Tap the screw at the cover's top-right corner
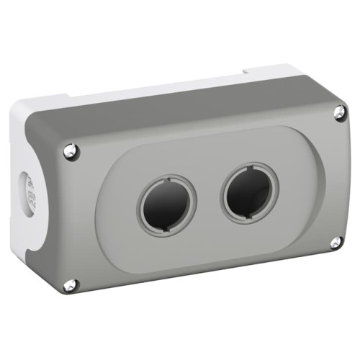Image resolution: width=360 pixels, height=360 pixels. pyautogui.click(x=339, y=112)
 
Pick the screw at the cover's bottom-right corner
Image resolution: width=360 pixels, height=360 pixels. pyautogui.click(x=336, y=243)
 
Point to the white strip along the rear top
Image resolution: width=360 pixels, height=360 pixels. pyautogui.click(x=144, y=94)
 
